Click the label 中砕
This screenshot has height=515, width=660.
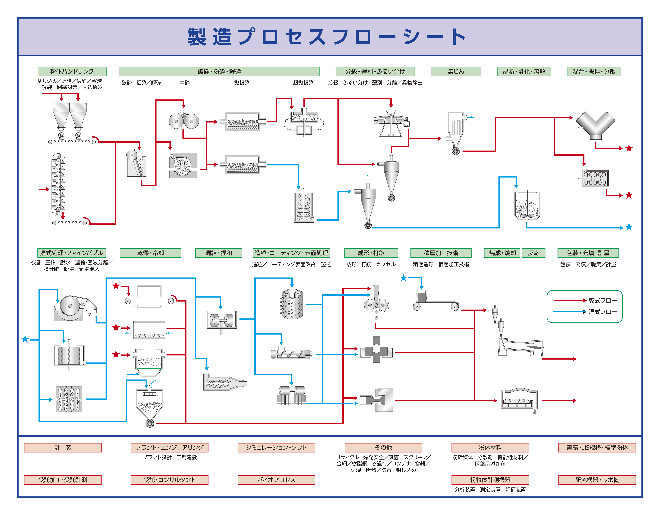tap(184, 83)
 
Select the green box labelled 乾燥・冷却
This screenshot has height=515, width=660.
tap(150, 253)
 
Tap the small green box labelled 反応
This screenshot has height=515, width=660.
tap(533, 253)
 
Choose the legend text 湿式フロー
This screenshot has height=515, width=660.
tap(602, 312)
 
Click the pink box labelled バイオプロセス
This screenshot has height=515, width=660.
tap(276, 480)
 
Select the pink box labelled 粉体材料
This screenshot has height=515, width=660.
tap(490, 448)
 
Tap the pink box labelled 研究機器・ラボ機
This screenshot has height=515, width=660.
tap(597, 480)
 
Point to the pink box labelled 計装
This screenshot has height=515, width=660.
tap(63, 448)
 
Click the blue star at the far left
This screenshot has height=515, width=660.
tap(25, 339)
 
